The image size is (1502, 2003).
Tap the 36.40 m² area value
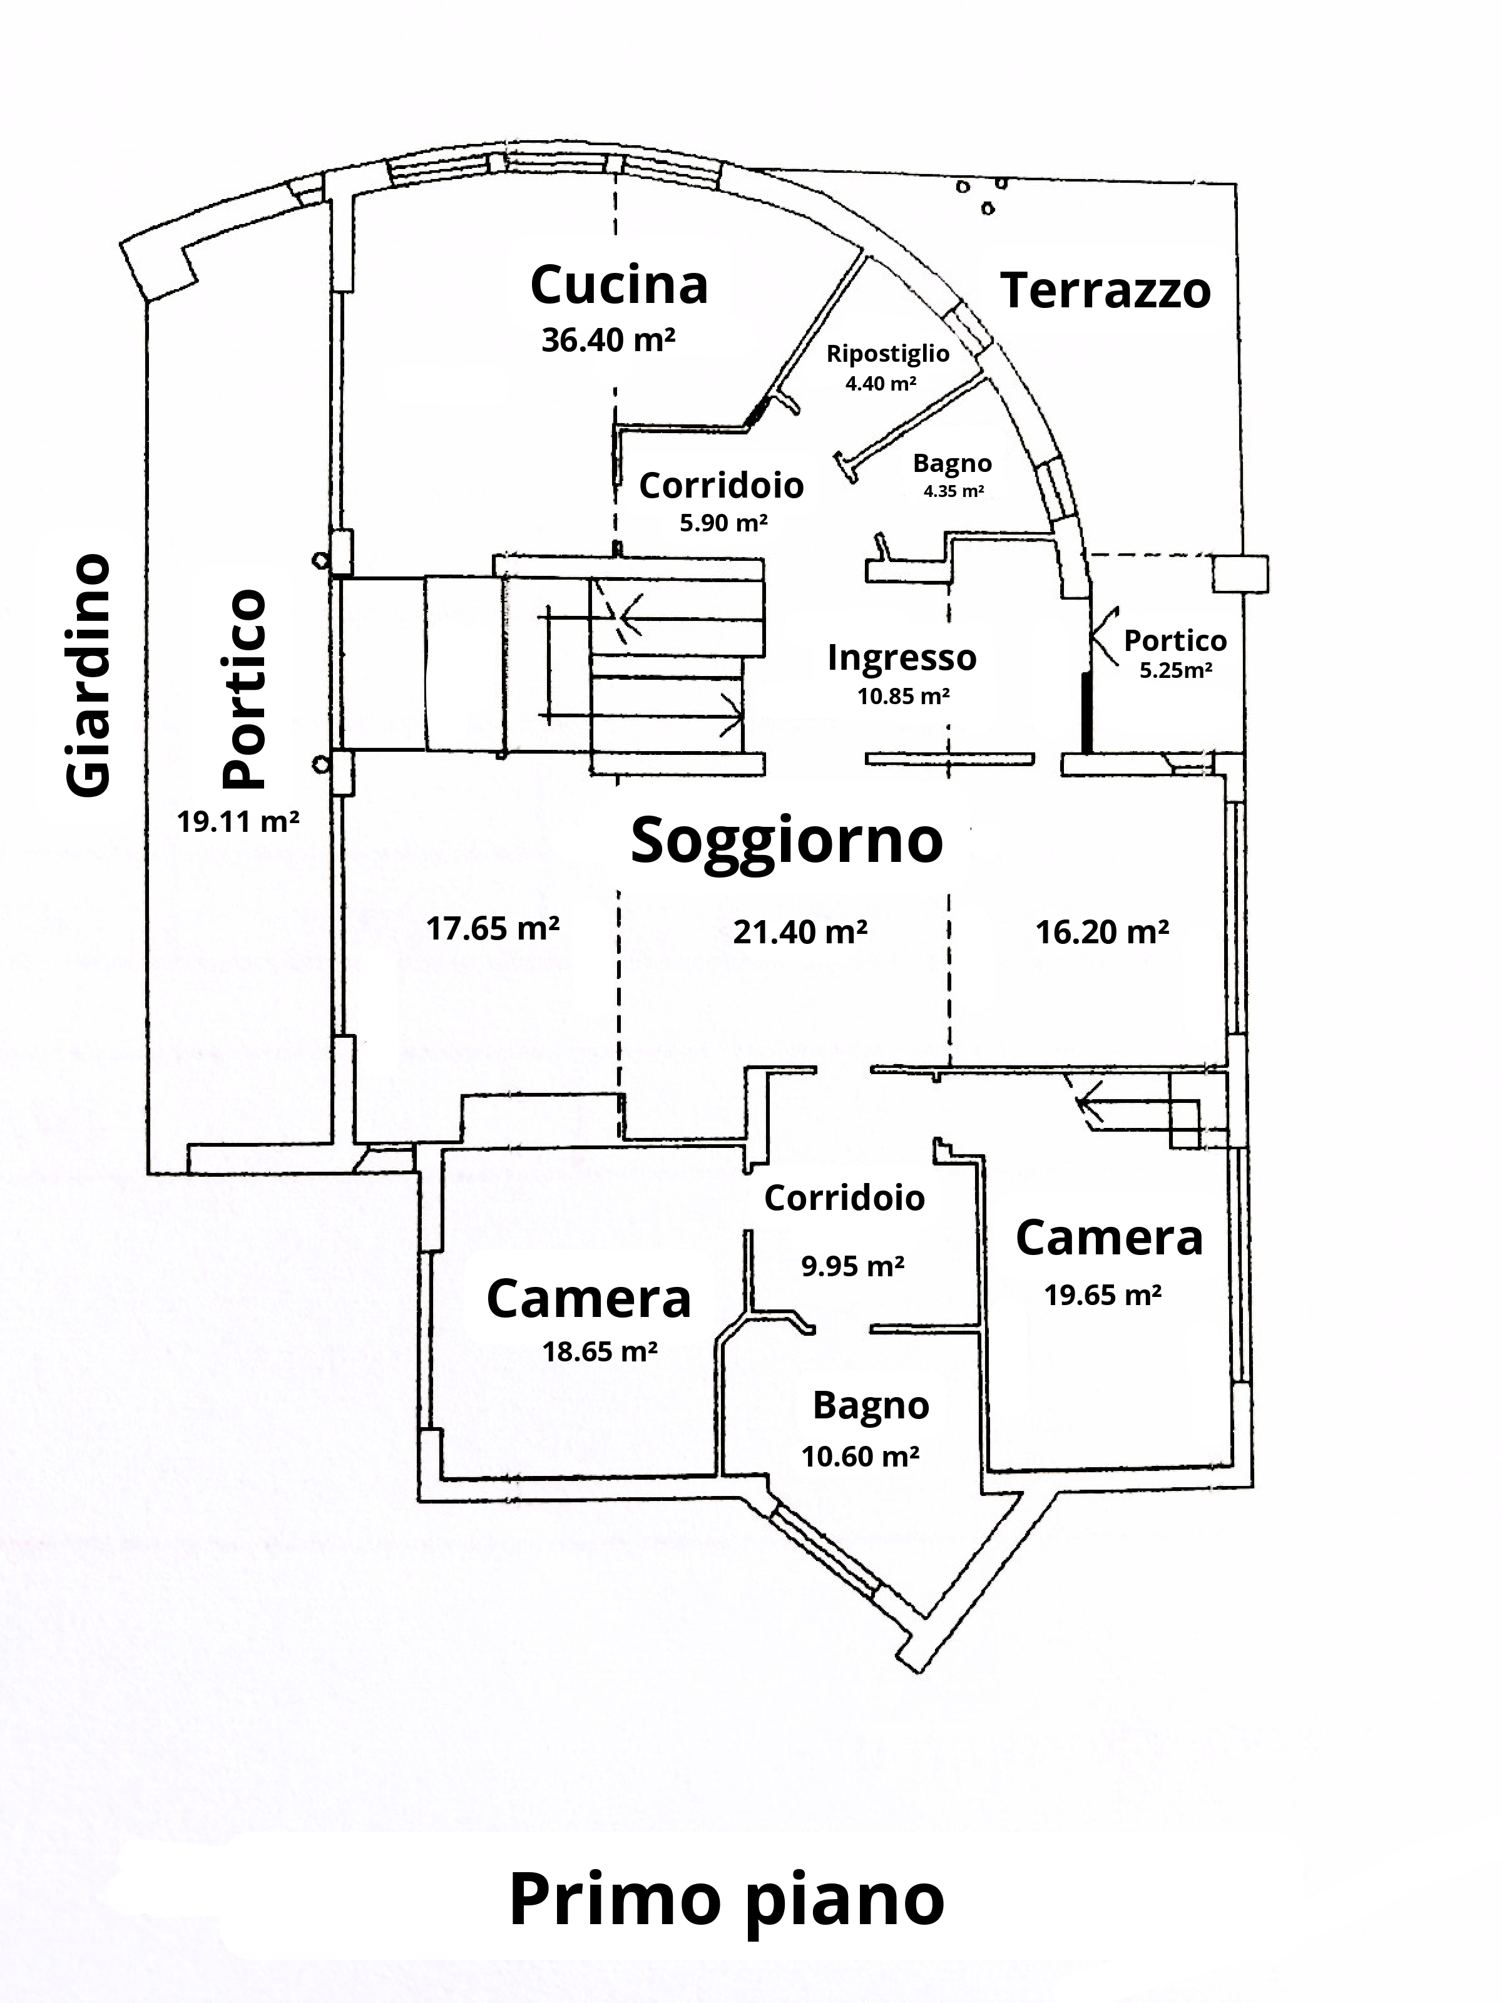click(x=608, y=341)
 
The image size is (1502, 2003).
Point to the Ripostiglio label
click(x=887, y=353)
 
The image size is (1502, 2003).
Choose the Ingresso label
click(x=902, y=657)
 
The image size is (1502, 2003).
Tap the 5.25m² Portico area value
click(x=1176, y=671)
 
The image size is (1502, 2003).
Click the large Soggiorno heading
click(x=787, y=840)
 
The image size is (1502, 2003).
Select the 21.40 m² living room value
click(x=800, y=931)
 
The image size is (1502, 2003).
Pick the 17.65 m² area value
click(x=493, y=928)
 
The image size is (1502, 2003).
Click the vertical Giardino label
click(x=89, y=675)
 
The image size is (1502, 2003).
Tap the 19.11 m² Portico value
click(x=238, y=821)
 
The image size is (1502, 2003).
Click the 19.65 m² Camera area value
click(x=1103, y=1295)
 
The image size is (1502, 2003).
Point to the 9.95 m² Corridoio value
click(x=853, y=1265)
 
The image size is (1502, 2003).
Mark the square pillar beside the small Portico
click(x=1239, y=574)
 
